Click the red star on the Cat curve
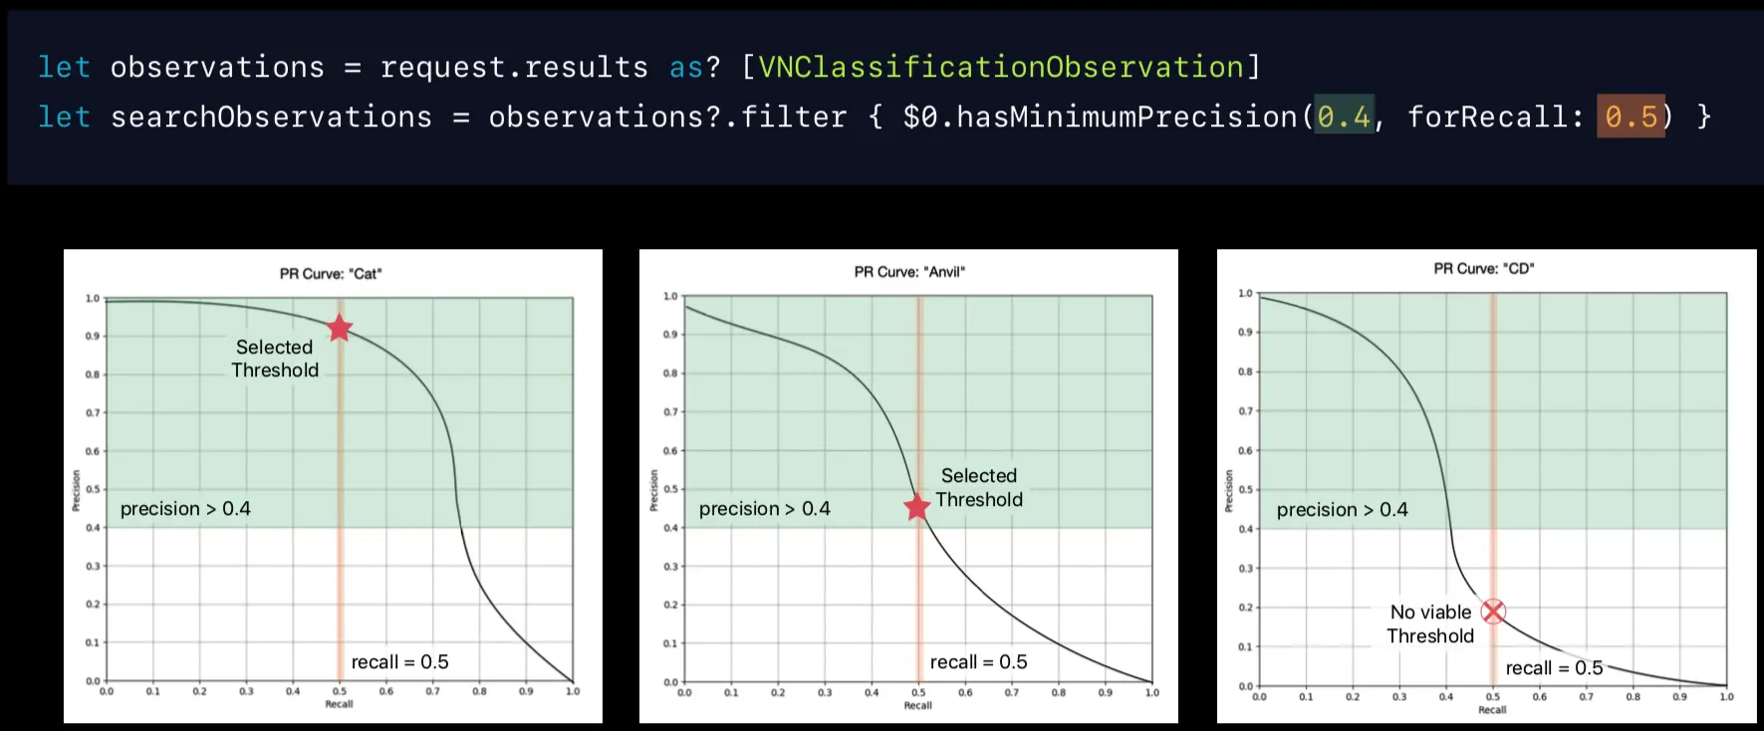point(340,328)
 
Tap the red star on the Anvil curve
point(917,507)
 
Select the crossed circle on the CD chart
point(1493,611)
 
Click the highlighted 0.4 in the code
point(1344,117)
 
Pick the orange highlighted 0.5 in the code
point(1631,117)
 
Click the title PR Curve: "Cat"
point(331,274)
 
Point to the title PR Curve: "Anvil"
point(909,272)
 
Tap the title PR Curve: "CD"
point(1484,269)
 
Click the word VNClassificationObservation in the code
point(1001,67)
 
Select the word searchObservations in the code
point(271,117)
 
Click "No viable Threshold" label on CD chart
point(1430,624)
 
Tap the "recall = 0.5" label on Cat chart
point(399,662)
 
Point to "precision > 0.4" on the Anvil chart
point(765,509)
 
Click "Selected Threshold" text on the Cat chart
point(275,359)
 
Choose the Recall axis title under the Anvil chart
point(917,705)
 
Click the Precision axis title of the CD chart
point(1229,491)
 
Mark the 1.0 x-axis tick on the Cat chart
point(573,691)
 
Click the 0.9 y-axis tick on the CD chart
point(1245,332)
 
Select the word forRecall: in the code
point(1495,117)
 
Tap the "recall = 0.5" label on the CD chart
point(1554,668)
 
